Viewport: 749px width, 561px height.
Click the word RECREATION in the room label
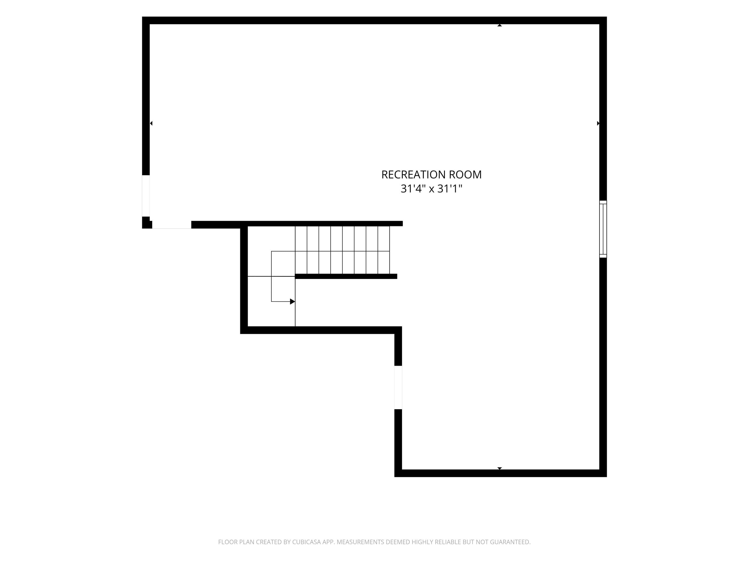[413, 175]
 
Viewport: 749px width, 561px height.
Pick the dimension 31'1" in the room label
[450, 189]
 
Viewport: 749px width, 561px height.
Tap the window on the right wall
[603, 229]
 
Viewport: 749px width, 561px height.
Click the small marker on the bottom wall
[499, 468]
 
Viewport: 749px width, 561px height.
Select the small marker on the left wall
[151, 123]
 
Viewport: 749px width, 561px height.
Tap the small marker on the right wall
[598, 123]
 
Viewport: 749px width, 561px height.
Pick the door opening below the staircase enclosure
[398, 387]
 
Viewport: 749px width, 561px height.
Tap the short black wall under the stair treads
[346, 276]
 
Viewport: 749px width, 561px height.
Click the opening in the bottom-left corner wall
[172, 225]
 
